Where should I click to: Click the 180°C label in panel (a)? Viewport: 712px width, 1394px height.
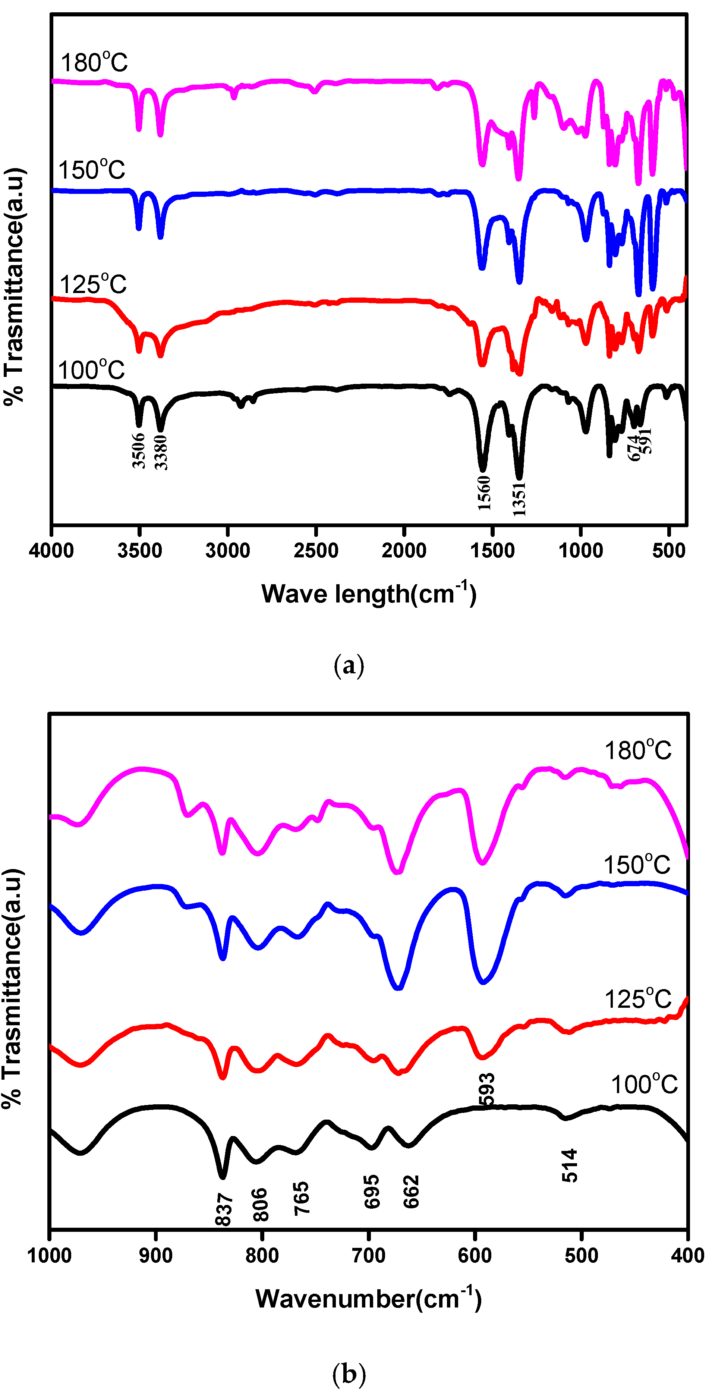point(94,62)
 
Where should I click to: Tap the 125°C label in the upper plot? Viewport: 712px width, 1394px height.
point(93,284)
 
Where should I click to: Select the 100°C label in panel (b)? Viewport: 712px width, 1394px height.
point(644,1085)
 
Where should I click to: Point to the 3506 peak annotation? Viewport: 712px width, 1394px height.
point(139,450)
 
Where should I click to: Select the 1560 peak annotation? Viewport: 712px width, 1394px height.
point(484,493)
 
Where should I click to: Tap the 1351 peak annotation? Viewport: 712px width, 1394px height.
point(519,499)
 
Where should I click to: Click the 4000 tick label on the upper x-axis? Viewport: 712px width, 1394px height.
point(51,551)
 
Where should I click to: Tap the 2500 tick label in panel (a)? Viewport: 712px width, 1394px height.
point(316,551)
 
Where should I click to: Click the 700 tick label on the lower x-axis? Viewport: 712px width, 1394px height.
point(368,1255)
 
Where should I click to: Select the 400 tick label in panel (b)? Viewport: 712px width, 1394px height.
point(687,1255)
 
